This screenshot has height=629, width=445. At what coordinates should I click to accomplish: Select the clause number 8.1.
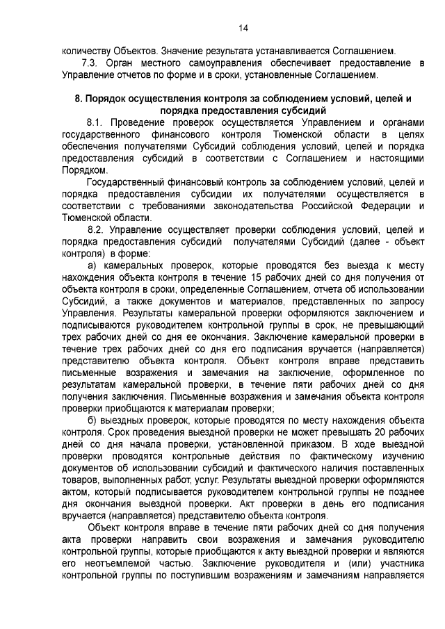[x=95, y=122]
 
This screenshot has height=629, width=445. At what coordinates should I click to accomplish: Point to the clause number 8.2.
[x=95, y=229]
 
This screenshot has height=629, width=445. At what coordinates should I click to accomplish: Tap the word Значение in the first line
[x=184, y=51]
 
